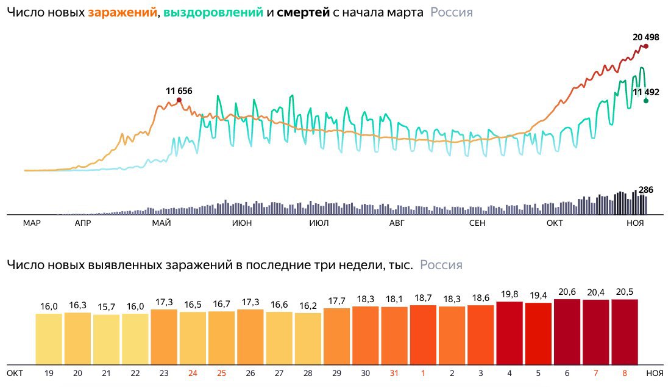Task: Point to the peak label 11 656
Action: [x=179, y=91]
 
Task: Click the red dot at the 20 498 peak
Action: [x=646, y=46]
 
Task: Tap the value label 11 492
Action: [x=646, y=92]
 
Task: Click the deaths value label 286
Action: [x=645, y=190]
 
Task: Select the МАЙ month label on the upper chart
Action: [x=162, y=223]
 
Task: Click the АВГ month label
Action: [x=397, y=223]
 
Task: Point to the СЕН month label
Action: [x=477, y=223]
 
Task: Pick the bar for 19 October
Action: [x=49, y=339]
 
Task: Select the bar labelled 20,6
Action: [x=567, y=331]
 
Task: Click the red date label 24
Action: [x=193, y=372]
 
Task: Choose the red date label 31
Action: [x=394, y=372]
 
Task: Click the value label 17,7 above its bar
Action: [x=337, y=300]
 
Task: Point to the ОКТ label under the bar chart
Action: [x=15, y=372]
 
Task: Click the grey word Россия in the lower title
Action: [x=441, y=266]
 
